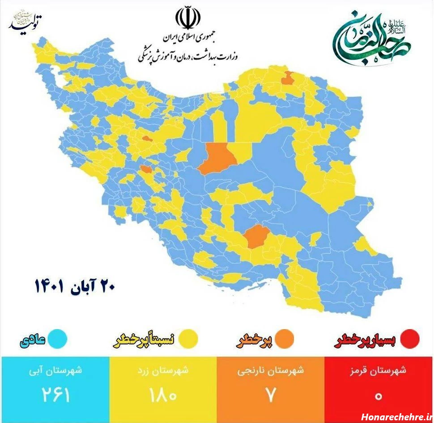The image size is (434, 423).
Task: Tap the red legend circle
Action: pos(410,339)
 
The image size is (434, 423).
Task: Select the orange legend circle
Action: pos(285,339)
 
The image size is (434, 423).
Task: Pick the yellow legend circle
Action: pos(188,339)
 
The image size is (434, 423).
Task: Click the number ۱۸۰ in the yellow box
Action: pos(164,395)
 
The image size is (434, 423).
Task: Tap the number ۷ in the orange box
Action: pos(270,395)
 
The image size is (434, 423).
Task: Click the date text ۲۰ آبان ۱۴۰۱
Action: pos(75,286)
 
